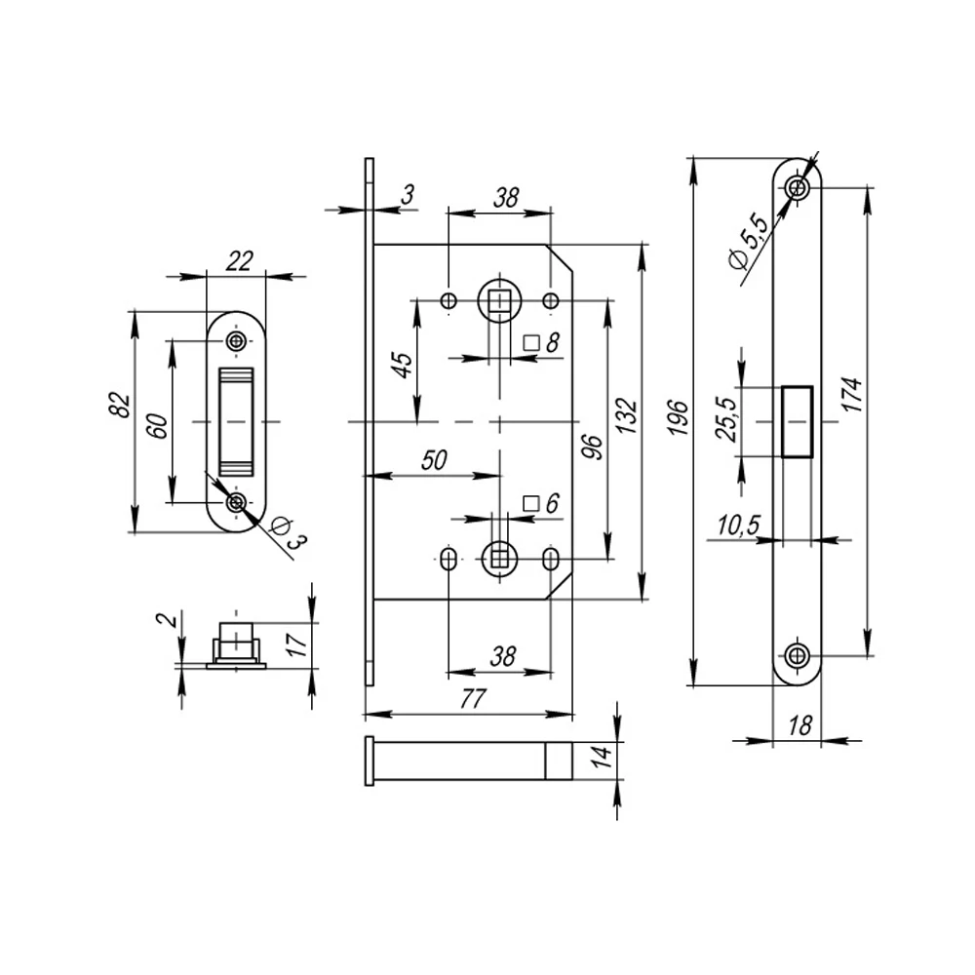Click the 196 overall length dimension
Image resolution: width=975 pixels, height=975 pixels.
click(680, 417)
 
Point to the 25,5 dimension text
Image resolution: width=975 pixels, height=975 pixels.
click(726, 419)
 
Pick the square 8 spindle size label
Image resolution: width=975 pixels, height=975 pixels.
click(541, 342)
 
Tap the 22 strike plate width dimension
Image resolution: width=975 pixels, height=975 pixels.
click(239, 260)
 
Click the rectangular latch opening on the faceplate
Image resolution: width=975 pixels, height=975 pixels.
click(797, 421)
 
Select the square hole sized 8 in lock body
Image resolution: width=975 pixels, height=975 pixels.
click(501, 300)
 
